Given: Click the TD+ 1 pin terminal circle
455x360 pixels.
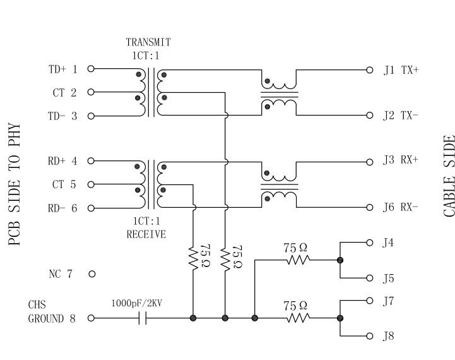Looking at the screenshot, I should [91, 69].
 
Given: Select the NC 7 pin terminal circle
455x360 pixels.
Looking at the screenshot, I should [92, 274].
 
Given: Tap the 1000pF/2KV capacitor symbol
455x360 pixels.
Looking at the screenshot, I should [143, 318].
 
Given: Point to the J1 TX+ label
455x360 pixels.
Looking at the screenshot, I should [401, 70].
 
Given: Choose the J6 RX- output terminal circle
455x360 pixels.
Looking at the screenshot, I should [370, 208].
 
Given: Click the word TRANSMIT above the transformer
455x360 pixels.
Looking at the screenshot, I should [148, 42].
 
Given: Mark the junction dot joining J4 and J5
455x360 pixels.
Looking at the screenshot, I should [340, 260].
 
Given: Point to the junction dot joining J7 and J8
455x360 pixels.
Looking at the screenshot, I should [340, 318].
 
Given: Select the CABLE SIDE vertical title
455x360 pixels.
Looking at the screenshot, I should [449, 176].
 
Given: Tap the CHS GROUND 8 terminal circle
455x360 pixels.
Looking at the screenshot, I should [91, 318].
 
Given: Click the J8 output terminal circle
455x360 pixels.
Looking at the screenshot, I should [370, 336].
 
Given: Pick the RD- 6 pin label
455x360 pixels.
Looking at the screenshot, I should [62, 208].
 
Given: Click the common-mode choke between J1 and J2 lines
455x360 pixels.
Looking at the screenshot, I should [280, 93].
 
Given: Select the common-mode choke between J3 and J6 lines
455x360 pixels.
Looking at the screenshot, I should [280, 184].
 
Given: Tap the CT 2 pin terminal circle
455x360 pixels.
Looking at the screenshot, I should [91, 92].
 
